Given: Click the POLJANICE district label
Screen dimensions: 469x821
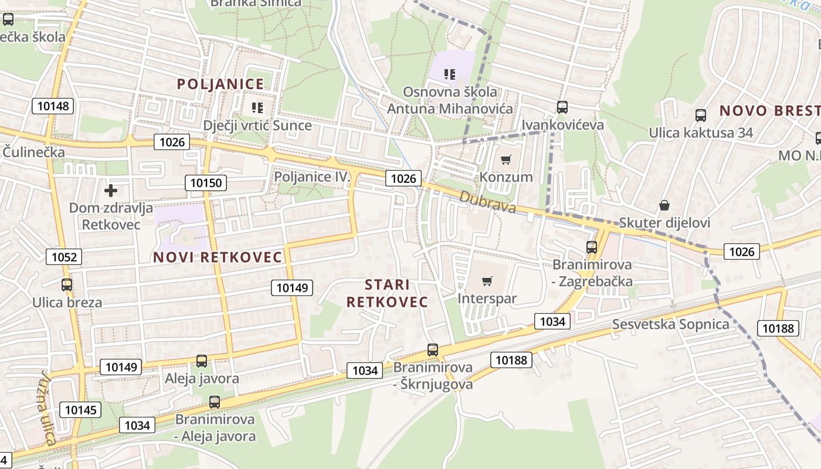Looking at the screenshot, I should point(220,84).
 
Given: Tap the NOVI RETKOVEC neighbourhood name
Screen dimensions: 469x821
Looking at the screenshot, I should point(218,257).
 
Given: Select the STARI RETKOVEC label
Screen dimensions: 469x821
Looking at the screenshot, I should point(387,293).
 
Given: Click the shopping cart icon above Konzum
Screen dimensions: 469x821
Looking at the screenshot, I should point(506,159).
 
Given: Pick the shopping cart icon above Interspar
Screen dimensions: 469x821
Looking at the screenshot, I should point(487,281).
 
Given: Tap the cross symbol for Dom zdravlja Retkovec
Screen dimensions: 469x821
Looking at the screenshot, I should point(110,191).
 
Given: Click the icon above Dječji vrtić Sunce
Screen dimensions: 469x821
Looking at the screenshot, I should point(257,107).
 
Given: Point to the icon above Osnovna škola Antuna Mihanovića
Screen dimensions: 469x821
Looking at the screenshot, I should point(450,74).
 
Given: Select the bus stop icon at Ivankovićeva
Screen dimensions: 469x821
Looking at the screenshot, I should point(562,107).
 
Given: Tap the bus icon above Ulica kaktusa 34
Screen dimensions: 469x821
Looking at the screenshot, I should point(700,115).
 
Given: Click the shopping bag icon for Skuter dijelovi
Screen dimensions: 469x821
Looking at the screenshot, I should point(664,205).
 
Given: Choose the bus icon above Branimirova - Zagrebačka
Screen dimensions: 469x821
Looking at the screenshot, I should point(591,247).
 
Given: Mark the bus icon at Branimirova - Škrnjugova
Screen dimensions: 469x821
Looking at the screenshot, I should point(433,350).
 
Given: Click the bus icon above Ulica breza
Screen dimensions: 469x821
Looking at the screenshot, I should point(67,285).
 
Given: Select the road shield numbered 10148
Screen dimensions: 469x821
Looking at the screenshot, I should point(53,106).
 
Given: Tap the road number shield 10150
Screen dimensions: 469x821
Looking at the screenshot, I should point(206,183).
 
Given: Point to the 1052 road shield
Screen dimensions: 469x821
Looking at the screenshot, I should point(64,256).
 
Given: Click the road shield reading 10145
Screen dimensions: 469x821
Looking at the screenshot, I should point(81,410).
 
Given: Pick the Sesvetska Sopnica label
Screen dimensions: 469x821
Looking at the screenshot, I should point(671,324).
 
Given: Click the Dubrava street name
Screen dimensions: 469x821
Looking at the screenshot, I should point(487,203).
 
